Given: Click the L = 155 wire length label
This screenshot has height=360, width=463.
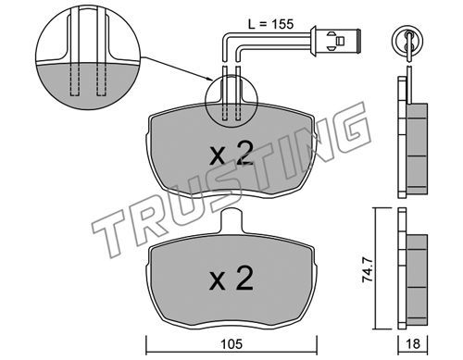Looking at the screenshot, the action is tap(270, 24).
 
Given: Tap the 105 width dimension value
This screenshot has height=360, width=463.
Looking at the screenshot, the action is tap(231, 344).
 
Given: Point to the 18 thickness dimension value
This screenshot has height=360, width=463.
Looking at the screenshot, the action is tap(413, 343).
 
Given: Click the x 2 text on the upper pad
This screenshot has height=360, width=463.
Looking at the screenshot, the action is tap(231, 153).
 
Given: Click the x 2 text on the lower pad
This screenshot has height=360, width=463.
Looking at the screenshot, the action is tap(231, 279).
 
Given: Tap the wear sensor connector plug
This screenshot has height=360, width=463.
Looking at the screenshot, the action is tap(336, 41).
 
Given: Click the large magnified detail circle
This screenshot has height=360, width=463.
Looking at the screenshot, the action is tap(88, 58).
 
